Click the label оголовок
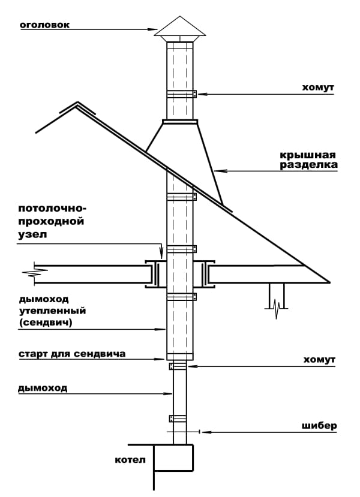pos(45,25)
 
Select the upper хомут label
pos(318,87)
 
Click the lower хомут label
pos(318,360)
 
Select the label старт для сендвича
pos(71,354)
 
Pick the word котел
pos(130,460)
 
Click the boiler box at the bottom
pos(173,458)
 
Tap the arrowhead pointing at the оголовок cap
pos(153,28)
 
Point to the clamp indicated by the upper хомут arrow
pos(180,94)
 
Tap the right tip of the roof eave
pos(329,281)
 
